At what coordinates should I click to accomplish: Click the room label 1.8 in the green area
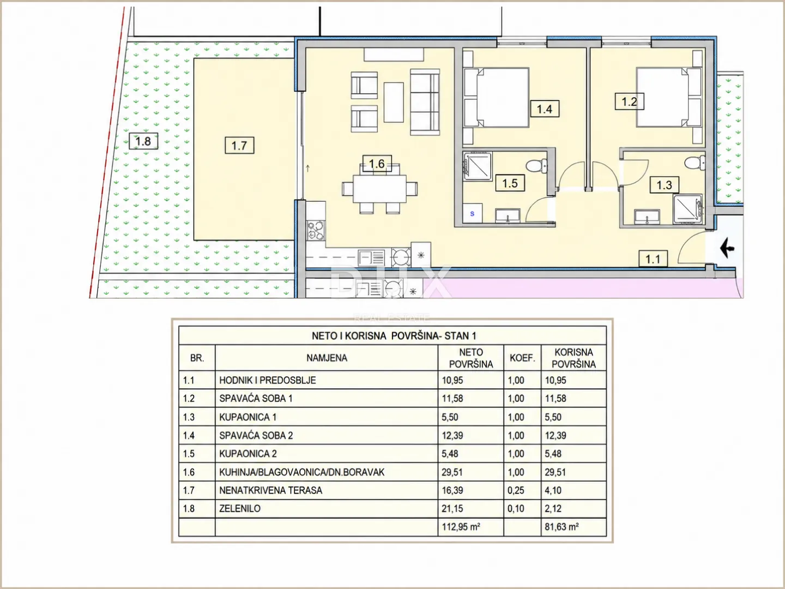click(143, 141)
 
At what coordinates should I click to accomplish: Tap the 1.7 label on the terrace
click(239, 145)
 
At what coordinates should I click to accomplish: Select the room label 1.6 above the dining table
click(377, 164)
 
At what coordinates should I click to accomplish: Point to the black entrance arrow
click(727, 248)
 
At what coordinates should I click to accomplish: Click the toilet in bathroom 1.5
click(536, 166)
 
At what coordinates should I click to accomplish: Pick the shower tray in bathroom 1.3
click(687, 209)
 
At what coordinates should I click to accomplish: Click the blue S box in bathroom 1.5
click(472, 213)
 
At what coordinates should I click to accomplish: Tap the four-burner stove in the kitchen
click(316, 230)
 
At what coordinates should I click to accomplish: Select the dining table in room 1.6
click(379, 189)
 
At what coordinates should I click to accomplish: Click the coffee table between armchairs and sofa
click(394, 103)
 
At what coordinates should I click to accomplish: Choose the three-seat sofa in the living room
click(425, 103)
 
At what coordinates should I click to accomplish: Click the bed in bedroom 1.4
click(497, 97)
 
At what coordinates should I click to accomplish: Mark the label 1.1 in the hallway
click(653, 259)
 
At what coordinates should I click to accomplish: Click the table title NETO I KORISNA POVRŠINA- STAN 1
click(394, 336)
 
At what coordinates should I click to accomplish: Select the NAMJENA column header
click(327, 358)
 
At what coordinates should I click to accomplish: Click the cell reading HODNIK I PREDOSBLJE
click(268, 380)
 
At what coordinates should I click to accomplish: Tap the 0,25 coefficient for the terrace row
click(516, 490)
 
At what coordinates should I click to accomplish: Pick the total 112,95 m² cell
click(461, 527)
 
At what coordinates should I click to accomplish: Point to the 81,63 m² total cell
click(561, 527)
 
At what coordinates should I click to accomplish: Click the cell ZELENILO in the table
click(240, 508)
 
